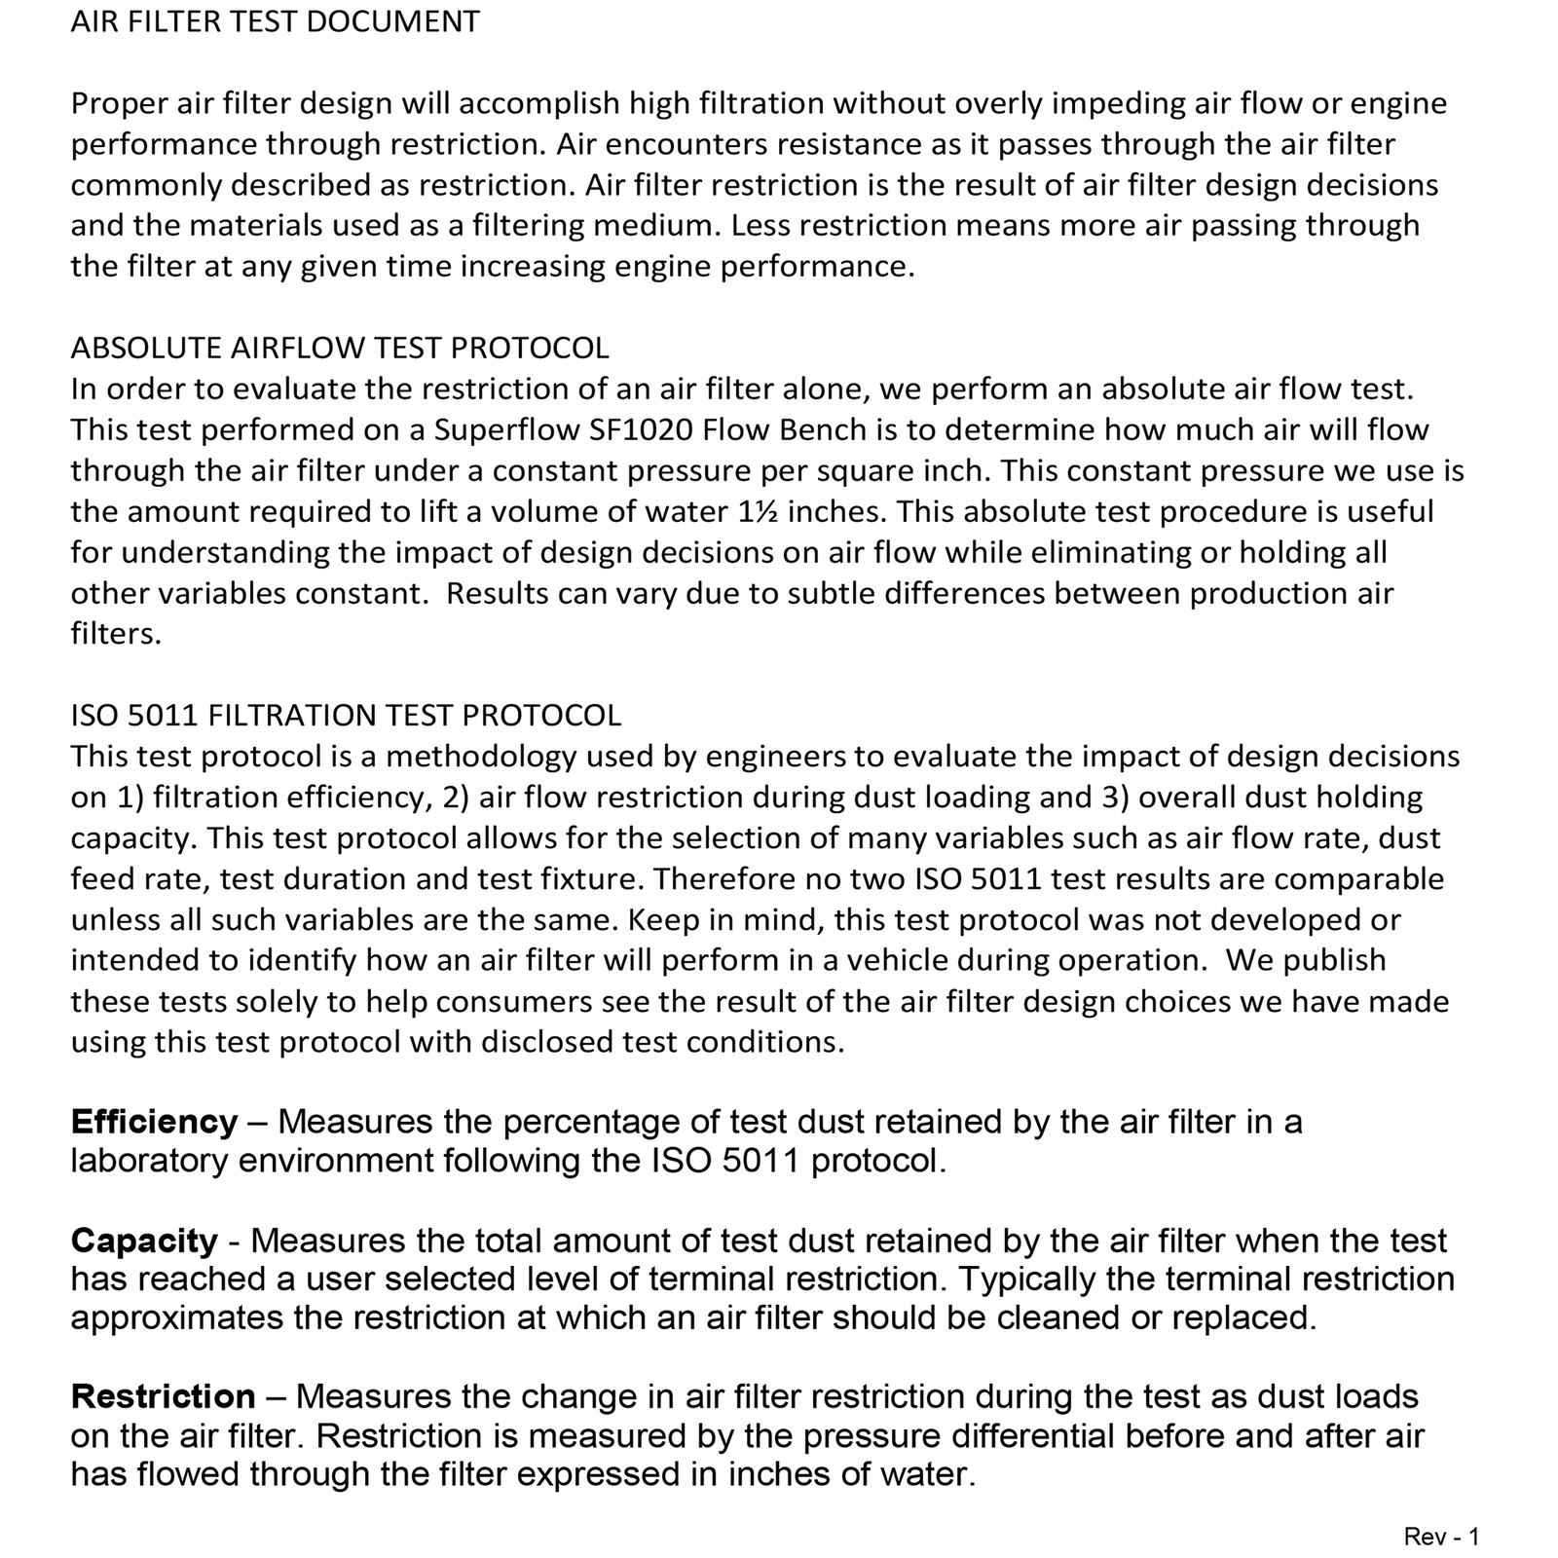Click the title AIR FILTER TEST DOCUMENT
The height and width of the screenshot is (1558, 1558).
click(275, 21)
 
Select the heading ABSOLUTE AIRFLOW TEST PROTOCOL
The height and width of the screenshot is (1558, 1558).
click(340, 348)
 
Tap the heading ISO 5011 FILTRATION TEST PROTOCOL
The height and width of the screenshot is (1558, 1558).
click(346, 715)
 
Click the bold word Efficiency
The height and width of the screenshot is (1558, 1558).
click(154, 1122)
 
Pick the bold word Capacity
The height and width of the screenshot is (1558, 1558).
click(144, 1241)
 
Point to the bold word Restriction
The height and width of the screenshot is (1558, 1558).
click(163, 1396)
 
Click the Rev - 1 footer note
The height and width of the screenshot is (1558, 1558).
click(1441, 1537)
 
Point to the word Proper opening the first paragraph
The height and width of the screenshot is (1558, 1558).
click(119, 103)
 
